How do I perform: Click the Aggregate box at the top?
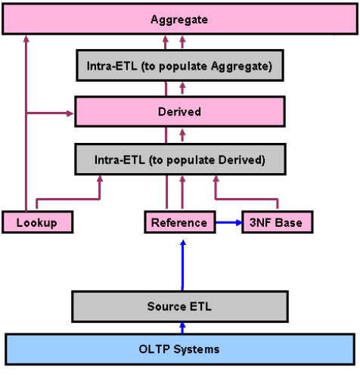click(x=180, y=19)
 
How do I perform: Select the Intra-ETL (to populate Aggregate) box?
click(x=180, y=66)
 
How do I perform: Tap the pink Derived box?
click(x=180, y=111)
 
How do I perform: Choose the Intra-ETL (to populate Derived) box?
click(x=180, y=160)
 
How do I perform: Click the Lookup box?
click(x=37, y=222)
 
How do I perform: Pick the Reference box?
click(x=180, y=222)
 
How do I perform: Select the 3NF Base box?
click(x=278, y=222)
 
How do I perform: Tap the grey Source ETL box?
click(x=180, y=306)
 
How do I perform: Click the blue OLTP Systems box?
click(x=180, y=349)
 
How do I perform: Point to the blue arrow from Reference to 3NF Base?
click(x=229, y=222)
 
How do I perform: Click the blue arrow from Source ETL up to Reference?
click(x=183, y=265)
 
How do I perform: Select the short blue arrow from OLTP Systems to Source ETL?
click(x=183, y=328)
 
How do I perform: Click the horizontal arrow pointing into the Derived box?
click(x=50, y=113)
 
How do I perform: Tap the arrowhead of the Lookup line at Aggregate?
click(x=26, y=39)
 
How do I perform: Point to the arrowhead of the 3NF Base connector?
click(x=216, y=178)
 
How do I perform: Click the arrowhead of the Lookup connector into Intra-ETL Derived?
click(x=100, y=178)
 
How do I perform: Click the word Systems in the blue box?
click(x=197, y=349)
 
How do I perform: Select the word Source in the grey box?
click(x=167, y=306)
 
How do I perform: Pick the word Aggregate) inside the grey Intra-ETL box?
click(x=241, y=67)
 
